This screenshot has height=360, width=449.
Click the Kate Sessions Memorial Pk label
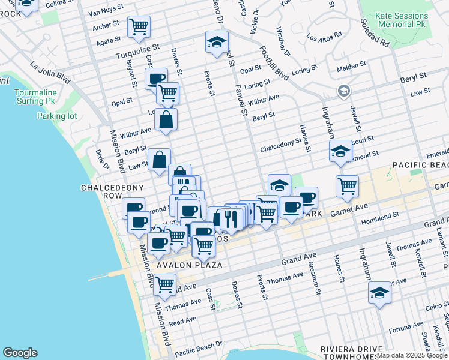pos(403,20)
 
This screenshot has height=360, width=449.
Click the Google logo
pos(20,353)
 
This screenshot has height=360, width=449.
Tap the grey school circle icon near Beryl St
pos(344,91)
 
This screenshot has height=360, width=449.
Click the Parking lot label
pos(57,116)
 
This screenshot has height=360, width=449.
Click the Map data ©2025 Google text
pos(412,355)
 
